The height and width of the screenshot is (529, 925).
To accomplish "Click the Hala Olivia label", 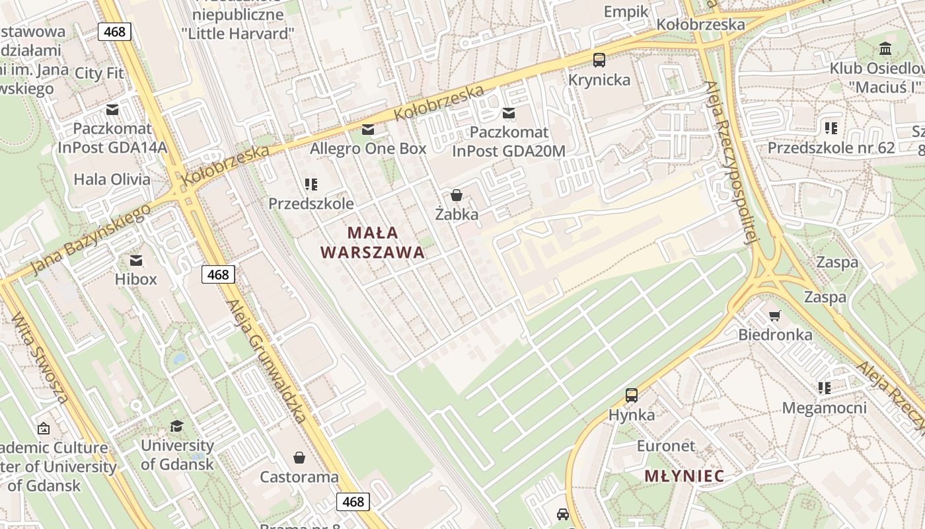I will pyautogui.click(x=112, y=179).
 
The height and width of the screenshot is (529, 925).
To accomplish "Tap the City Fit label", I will pyautogui.click(x=99, y=73).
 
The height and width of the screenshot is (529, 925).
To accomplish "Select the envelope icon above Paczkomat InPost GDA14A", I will pyautogui.click(x=112, y=110).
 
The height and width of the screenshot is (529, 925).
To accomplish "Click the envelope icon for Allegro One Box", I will pyautogui.click(x=368, y=129).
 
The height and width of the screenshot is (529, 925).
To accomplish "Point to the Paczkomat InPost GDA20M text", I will pyautogui.click(x=509, y=142).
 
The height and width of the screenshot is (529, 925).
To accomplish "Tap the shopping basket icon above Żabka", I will pyautogui.click(x=457, y=195).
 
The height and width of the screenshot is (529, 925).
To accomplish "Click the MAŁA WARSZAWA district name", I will pyautogui.click(x=373, y=242).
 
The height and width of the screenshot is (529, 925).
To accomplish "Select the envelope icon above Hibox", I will pyautogui.click(x=136, y=261).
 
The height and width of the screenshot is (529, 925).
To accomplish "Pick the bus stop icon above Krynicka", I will pyautogui.click(x=599, y=60).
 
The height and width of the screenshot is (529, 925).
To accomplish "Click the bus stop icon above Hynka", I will pyautogui.click(x=632, y=395).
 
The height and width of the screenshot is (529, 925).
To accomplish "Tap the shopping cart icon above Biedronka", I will pyautogui.click(x=775, y=315).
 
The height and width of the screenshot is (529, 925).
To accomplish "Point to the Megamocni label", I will pyautogui.click(x=824, y=407).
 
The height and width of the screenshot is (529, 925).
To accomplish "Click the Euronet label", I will pyautogui.click(x=666, y=446).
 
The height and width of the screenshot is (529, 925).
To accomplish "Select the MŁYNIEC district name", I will pyautogui.click(x=684, y=475).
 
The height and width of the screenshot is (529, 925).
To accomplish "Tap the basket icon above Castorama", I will pyautogui.click(x=299, y=458).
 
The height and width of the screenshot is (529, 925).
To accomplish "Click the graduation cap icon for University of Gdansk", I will pyautogui.click(x=177, y=426).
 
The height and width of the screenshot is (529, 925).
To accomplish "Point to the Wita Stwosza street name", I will pyautogui.click(x=40, y=357).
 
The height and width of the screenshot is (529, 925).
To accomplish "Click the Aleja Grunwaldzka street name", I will pyautogui.click(x=267, y=361).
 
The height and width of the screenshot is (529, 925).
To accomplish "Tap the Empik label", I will pyautogui.click(x=627, y=11).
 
